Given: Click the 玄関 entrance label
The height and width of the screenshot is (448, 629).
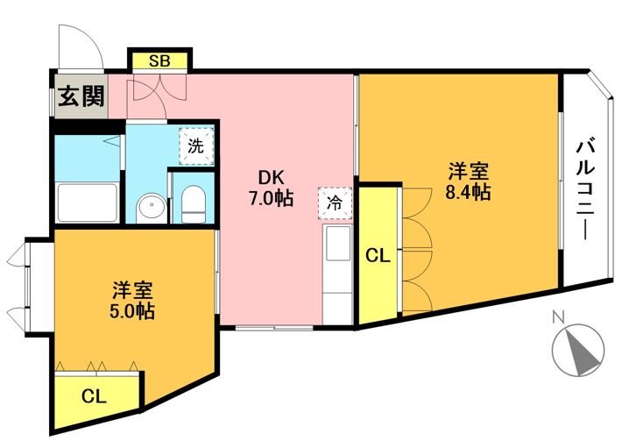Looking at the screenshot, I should click(81, 96).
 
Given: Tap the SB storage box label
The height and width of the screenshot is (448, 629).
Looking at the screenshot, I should click(159, 61).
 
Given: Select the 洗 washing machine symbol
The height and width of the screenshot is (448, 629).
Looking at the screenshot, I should click(196, 146).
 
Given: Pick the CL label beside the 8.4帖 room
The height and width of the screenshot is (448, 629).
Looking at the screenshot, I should click(378, 256).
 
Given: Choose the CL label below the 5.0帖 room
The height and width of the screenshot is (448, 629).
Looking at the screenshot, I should click(94, 396).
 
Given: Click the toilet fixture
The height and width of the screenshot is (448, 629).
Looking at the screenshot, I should click(194, 205).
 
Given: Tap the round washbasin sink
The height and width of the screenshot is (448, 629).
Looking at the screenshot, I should click(152, 208).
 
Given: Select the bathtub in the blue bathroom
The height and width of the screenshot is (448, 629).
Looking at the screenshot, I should click(87, 205).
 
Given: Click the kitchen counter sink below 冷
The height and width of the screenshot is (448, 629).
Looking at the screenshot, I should click(336, 246).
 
